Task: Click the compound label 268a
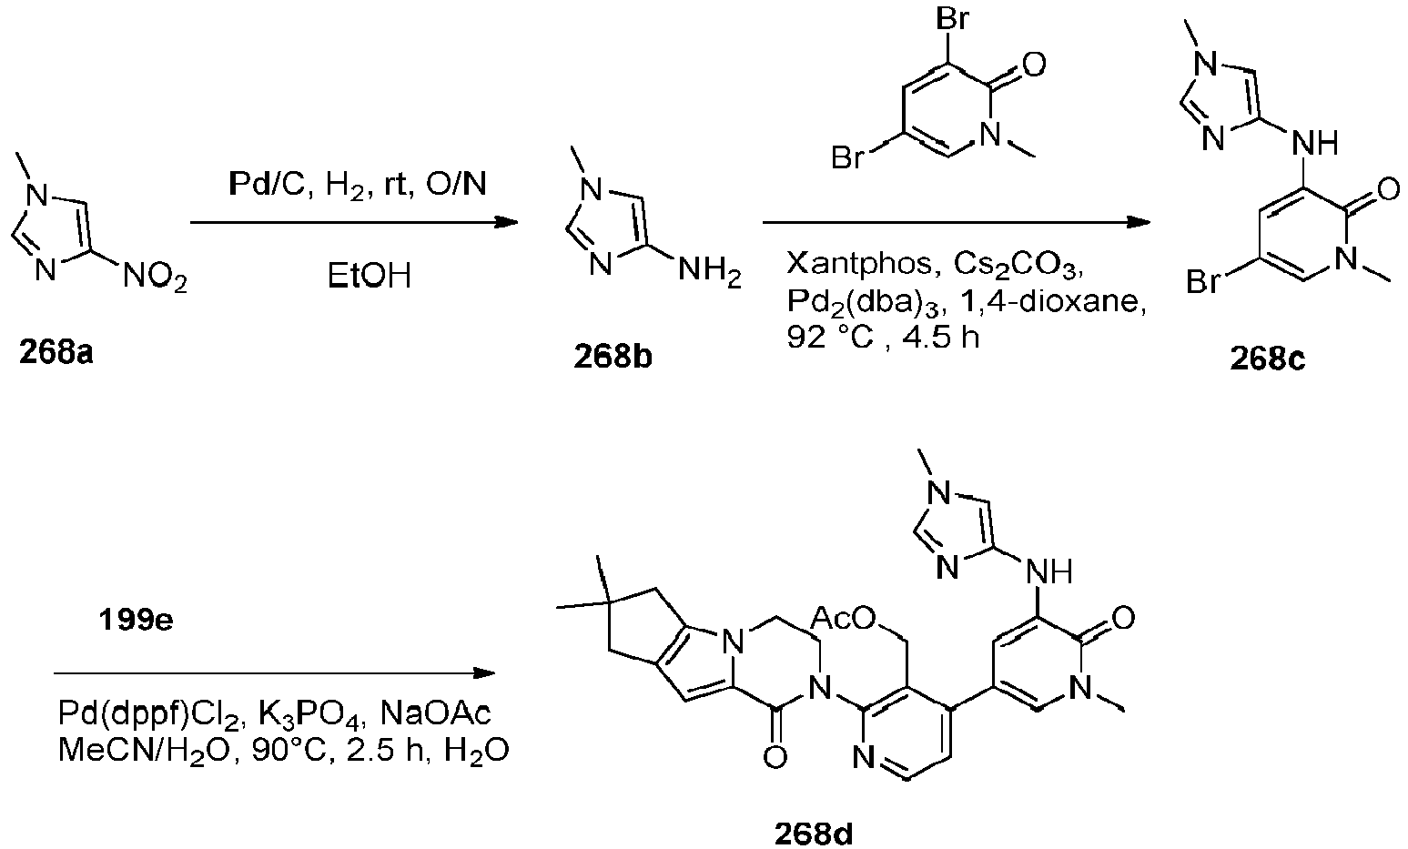56,352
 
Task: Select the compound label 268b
613,357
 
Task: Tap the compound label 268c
1267,359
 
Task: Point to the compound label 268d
814,834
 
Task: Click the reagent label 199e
136,621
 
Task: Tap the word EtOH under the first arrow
370,276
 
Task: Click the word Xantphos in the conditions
859,265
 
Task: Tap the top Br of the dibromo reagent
952,18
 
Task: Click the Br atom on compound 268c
1203,281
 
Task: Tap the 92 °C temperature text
831,339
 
